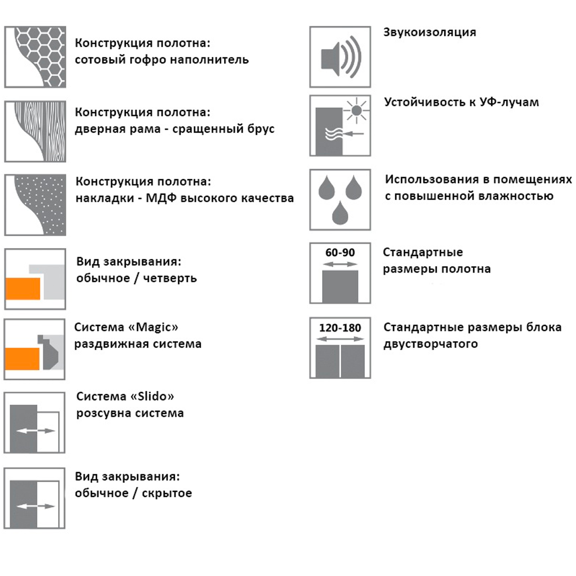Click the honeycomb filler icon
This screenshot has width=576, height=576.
click(x=35, y=57)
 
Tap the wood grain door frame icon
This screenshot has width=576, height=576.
click(x=35, y=131)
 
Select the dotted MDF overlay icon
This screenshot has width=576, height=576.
click(x=35, y=205)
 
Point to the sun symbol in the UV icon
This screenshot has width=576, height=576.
click(x=356, y=110)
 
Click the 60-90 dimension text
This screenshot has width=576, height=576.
click(x=340, y=252)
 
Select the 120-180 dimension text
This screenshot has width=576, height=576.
click(x=340, y=327)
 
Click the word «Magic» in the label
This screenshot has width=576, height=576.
click(x=153, y=326)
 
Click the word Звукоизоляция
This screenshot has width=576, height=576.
click(x=430, y=33)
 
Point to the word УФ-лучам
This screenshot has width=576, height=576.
click(x=509, y=102)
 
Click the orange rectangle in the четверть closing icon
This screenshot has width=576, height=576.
click(x=23, y=289)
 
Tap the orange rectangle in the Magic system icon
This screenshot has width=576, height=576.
click(x=22, y=358)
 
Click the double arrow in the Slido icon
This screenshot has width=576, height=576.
click(x=36, y=430)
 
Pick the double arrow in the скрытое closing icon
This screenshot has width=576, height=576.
click(x=36, y=506)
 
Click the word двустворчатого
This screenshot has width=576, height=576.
click(x=430, y=344)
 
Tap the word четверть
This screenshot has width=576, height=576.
click(x=170, y=278)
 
